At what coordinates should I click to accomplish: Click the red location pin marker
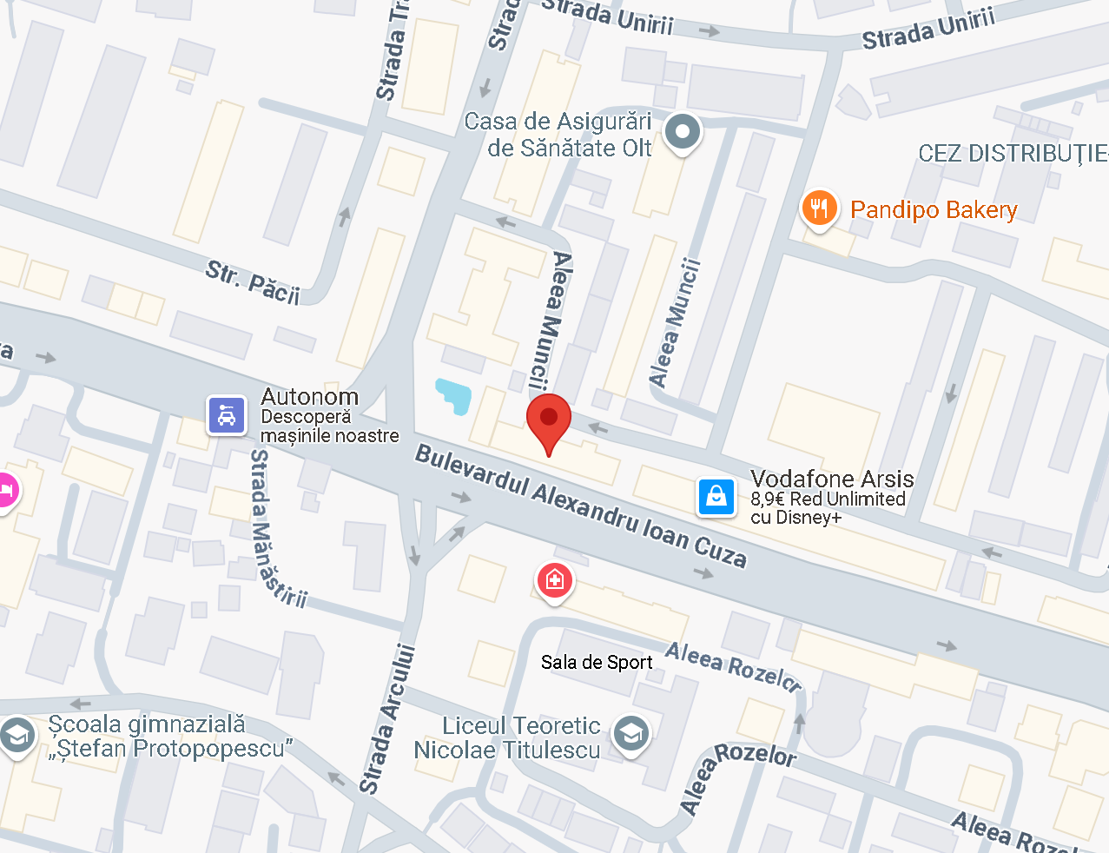[549, 419]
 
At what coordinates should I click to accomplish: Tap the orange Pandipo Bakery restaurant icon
[818, 208]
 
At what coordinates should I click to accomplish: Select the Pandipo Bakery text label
[934, 210]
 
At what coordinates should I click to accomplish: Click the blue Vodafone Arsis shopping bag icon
[716, 497]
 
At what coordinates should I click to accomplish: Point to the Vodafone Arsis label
[832, 479]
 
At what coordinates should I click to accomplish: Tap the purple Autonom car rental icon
[227, 415]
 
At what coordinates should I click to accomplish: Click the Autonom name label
[309, 397]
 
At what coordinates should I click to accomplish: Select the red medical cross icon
[555, 579]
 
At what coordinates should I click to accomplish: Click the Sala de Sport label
[597, 663]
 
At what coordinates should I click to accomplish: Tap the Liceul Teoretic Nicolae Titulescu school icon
[631, 734]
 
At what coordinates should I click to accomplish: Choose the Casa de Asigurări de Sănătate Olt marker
[683, 133]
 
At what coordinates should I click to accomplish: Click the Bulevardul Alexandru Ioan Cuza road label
[580, 506]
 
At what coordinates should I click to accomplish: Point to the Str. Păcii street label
[253, 281]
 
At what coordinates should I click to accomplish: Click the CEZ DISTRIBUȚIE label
[1013, 155]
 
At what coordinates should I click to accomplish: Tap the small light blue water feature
[453, 395]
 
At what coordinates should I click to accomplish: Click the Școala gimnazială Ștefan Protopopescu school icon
[17, 737]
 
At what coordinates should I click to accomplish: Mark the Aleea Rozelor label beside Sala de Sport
[733, 666]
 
